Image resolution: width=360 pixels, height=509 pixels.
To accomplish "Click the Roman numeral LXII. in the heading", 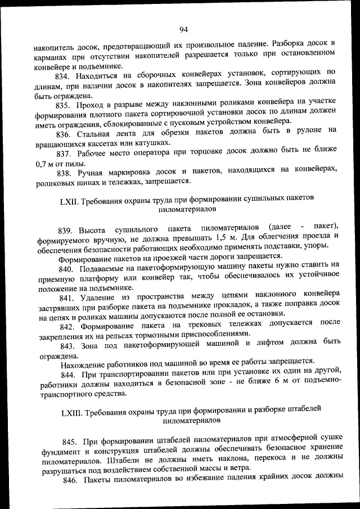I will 70,200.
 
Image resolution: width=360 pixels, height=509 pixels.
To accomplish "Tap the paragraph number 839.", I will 66,229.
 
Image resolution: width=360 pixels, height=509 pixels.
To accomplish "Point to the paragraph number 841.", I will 67,296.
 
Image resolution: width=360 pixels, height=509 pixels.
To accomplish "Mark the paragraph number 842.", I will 67,326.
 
